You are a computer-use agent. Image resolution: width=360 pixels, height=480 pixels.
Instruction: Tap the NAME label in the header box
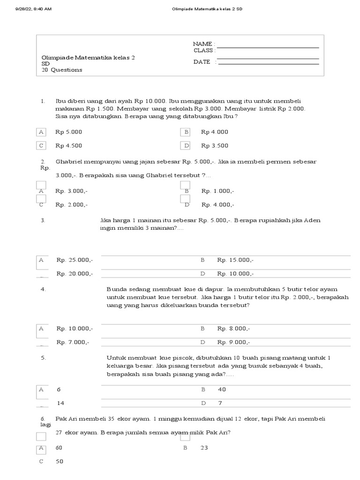click(x=202, y=44)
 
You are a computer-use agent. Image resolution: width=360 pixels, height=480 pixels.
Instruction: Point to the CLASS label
click(x=203, y=50)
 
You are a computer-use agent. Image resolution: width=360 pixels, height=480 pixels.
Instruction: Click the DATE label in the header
click(x=202, y=62)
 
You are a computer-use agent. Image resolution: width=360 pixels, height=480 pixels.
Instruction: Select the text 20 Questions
click(x=62, y=70)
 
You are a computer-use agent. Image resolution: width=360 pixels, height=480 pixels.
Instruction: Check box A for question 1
click(x=42, y=132)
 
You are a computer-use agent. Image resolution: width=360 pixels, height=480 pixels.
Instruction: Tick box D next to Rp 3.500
click(x=186, y=146)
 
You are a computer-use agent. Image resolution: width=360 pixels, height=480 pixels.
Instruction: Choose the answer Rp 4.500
click(x=69, y=146)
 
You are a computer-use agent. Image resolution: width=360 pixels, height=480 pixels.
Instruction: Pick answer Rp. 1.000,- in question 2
click(x=218, y=191)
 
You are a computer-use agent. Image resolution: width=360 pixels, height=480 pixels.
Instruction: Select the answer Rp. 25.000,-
click(x=75, y=260)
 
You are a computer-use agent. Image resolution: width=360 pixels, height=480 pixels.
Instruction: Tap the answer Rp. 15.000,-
click(x=235, y=260)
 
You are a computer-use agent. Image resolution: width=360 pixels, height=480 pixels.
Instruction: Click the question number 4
click(x=43, y=289)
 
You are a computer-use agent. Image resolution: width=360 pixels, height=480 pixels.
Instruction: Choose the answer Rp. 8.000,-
click(x=233, y=329)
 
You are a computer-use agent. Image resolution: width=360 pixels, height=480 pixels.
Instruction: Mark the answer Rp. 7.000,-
click(x=73, y=342)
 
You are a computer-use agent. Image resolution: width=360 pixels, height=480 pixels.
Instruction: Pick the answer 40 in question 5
click(x=222, y=390)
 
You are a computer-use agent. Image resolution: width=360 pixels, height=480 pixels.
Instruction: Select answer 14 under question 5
click(x=60, y=403)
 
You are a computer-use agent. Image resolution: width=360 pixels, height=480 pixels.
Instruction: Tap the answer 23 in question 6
click(x=204, y=448)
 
